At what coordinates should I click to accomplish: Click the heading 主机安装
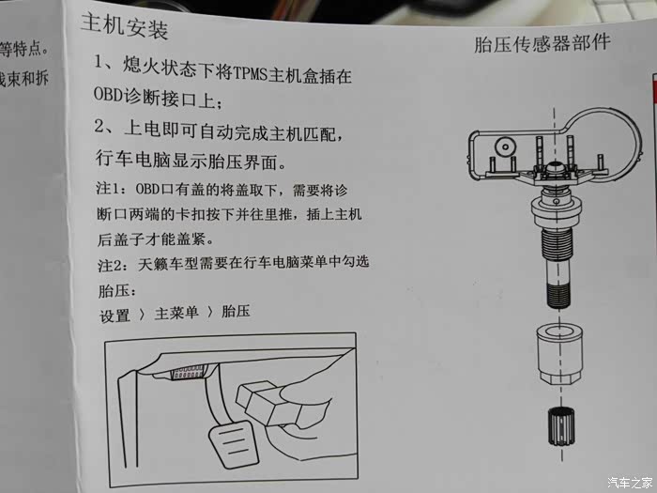(x=125, y=26)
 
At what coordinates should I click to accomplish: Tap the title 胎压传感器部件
(x=542, y=43)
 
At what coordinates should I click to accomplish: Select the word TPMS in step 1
(x=250, y=74)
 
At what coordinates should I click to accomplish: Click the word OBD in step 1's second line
(x=108, y=95)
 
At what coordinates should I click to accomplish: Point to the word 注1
(x=108, y=188)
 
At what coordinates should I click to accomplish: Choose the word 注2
(x=110, y=265)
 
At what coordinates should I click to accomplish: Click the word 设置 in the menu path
(x=115, y=316)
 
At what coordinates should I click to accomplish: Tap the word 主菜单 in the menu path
(x=176, y=313)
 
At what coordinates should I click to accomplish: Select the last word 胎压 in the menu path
(x=236, y=311)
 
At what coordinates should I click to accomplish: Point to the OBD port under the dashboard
(x=188, y=372)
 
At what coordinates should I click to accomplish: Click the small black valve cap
(x=561, y=425)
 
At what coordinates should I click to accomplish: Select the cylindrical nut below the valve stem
(x=559, y=353)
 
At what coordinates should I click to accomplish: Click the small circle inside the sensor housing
(x=506, y=147)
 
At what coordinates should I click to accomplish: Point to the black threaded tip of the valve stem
(x=559, y=295)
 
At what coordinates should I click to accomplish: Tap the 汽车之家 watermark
(x=630, y=483)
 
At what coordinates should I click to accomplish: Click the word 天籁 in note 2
(x=153, y=264)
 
